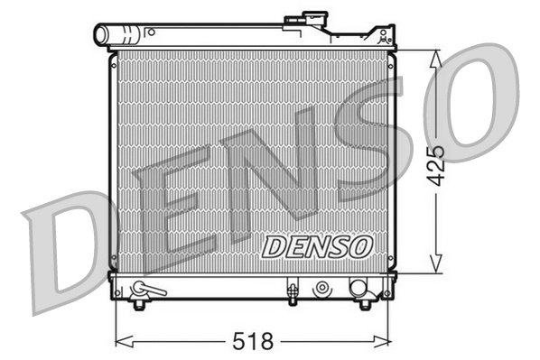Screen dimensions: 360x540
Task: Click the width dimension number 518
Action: [x=254, y=341]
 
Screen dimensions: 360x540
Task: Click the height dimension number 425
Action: [x=437, y=163]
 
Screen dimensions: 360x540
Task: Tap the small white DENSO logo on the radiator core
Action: [x=316, y=245]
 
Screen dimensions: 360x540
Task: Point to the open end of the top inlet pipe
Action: [x=100, y=35]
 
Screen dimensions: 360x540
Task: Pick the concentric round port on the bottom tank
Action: [x=321, y=289]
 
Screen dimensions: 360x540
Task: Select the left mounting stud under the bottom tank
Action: [x=138, y=304]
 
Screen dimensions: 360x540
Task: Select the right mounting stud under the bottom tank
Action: [x=366, y=304]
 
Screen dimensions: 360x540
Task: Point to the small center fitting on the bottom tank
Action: [x=292, y=290]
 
